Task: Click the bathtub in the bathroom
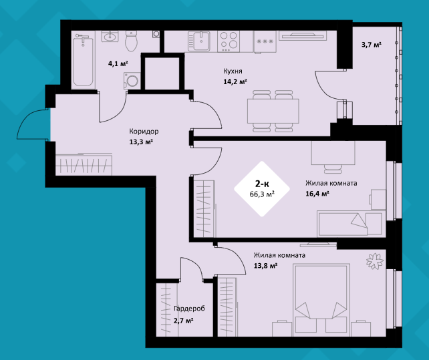[84, 61]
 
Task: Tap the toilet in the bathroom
[131, 41]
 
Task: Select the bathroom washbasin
[110, 36]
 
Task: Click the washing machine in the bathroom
[132, 81]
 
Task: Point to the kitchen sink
[199, 41]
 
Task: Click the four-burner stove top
[229, 41]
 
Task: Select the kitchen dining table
[273, 111]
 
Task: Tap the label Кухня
[233, 71]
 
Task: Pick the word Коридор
[144, 132]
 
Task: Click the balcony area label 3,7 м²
[372, 45]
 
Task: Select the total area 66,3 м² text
[262, 194]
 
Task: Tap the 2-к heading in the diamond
[262, 183]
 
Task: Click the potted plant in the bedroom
[374, 261]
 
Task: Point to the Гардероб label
[189, 309]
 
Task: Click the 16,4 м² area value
[317, 194]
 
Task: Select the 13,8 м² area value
[266, 266]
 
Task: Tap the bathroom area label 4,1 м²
[118, 63]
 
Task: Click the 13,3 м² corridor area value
[141, 142]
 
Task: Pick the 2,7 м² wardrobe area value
[184, 320]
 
